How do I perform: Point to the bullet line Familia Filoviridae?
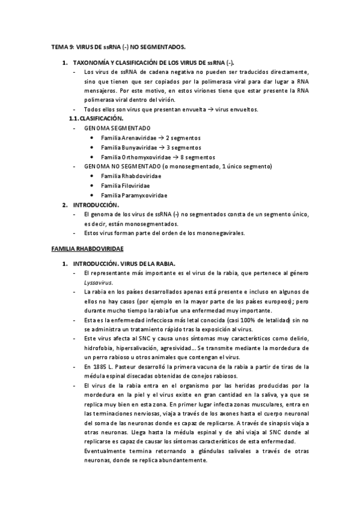coord(125,185)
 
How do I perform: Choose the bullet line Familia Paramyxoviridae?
coord(134,195)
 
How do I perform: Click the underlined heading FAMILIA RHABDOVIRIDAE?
coord(87,248)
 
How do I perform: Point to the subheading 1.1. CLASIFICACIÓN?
coord(99,118)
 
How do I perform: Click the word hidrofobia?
coord(99,348)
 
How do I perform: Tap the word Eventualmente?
coord(106,451)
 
